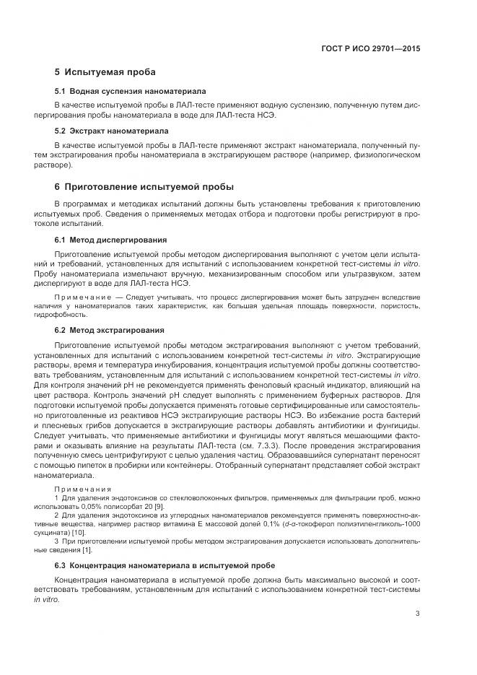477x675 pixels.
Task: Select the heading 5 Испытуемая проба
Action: (x=105, y=72)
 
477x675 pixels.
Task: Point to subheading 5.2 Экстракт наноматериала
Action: (x=112, y=131)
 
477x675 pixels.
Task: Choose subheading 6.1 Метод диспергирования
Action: (x=111, y=239)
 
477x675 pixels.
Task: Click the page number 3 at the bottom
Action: (x=418, y=614)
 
